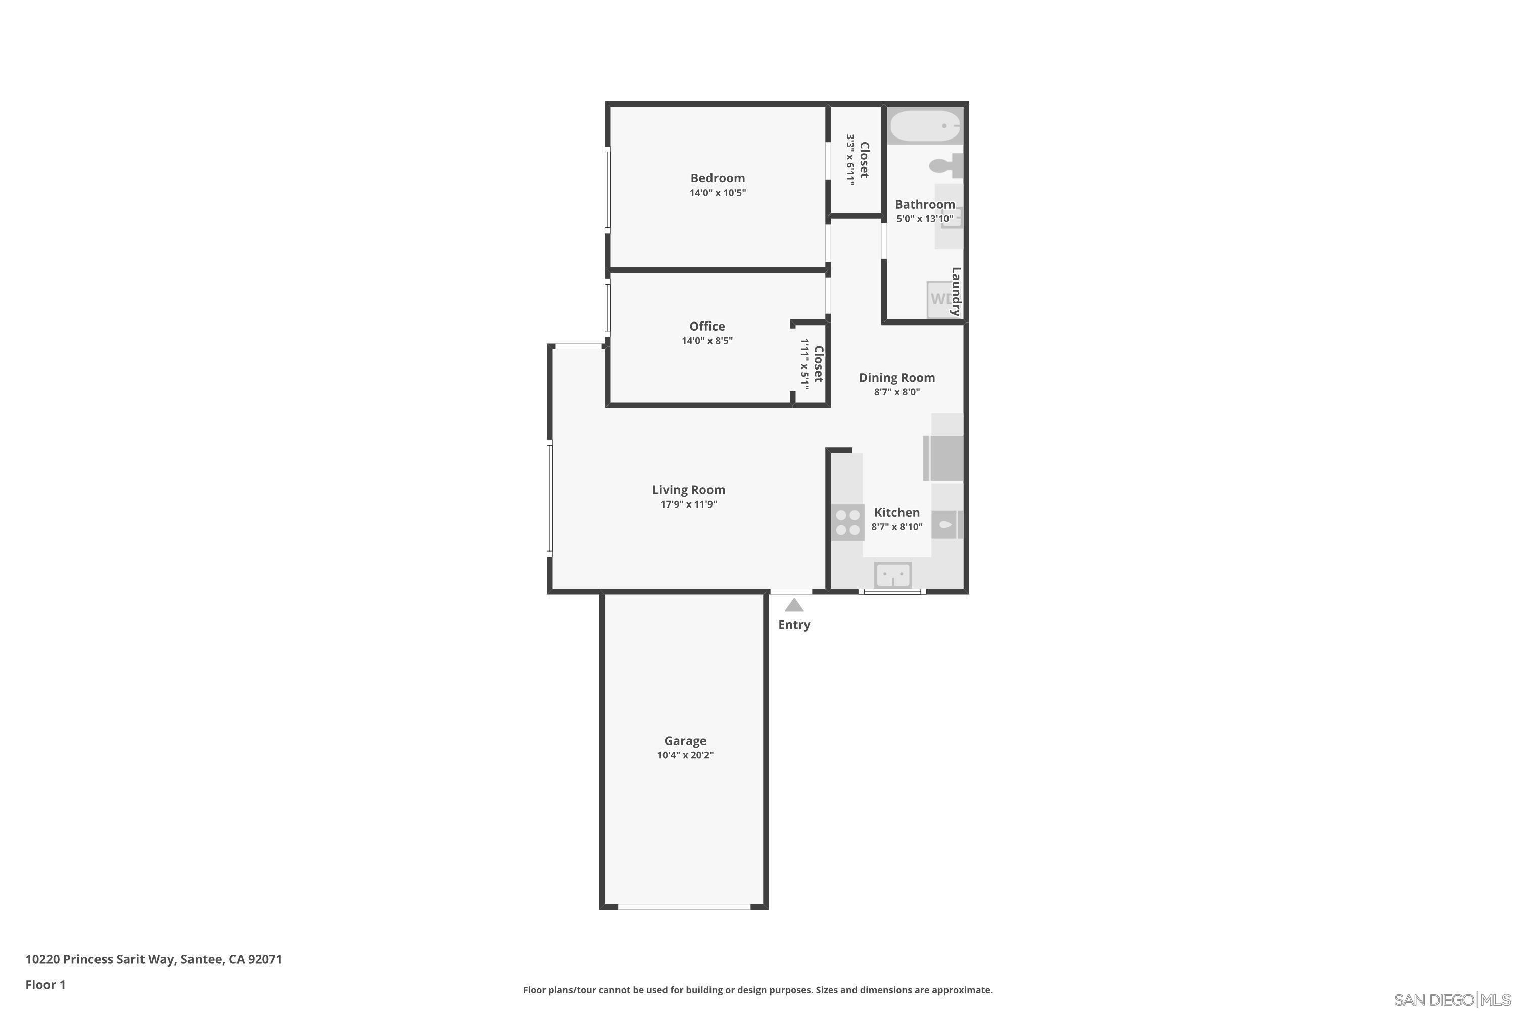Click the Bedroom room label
[x=718, y=178]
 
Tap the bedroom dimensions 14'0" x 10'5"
[x=718, y=193]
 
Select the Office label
[x=707, y=326]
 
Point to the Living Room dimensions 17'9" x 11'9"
[x=688, y=504]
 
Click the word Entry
[x=794, y=625]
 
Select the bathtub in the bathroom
[x=924, y=126]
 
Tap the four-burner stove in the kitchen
[x=847, y=522]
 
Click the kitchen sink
[x=893, y=574]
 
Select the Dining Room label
[x=896, y=378]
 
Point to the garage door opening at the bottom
[x=684, y=906]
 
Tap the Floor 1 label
[x=45, y=985]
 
